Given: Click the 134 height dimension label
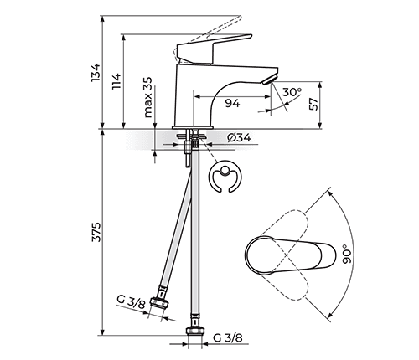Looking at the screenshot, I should pos(96,73).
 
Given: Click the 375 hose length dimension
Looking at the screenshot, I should pos(96,237).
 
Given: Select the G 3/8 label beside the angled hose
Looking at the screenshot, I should pos(131,303).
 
